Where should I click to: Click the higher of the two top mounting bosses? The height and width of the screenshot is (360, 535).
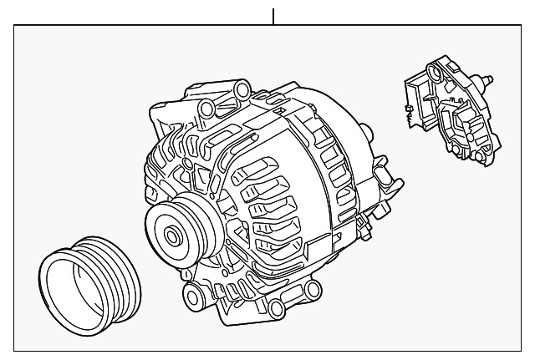click(242, 89)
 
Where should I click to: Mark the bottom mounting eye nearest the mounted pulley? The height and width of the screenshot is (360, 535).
click(196, 293)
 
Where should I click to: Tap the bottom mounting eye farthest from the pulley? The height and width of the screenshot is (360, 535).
click(311, 290)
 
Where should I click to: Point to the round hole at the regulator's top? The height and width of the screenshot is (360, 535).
click(441, 67)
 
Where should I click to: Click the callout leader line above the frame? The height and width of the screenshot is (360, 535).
click(273, 15)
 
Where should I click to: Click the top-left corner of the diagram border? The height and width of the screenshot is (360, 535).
click(14, 25)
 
